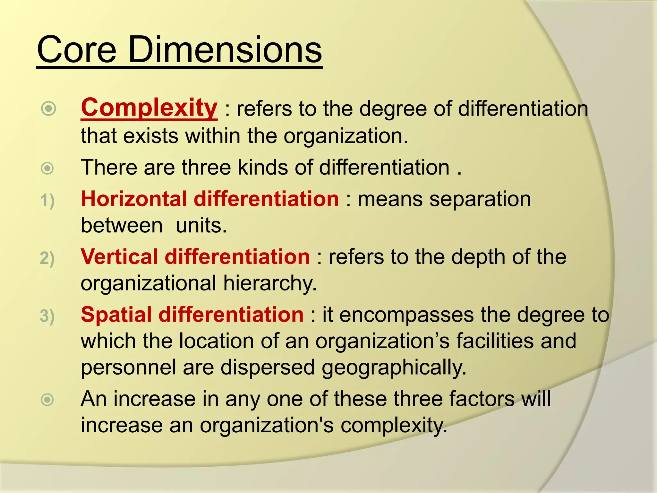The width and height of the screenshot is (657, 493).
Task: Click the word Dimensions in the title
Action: point(225,50)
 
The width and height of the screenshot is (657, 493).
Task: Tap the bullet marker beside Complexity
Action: point(49,109)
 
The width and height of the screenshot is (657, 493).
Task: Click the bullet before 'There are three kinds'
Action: point(47,168)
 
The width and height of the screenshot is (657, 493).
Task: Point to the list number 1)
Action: point(47,201)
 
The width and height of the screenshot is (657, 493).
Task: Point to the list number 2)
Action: point(47,258)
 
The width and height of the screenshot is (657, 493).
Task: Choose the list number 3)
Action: point(47,316)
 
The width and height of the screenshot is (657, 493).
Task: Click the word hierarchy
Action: point(270,283)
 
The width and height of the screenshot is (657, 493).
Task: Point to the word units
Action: point(201,225)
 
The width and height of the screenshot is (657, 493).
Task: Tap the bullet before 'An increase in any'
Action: point(47,400)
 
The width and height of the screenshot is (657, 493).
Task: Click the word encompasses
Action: point(406,315)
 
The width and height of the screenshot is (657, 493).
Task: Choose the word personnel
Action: point(128,367)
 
